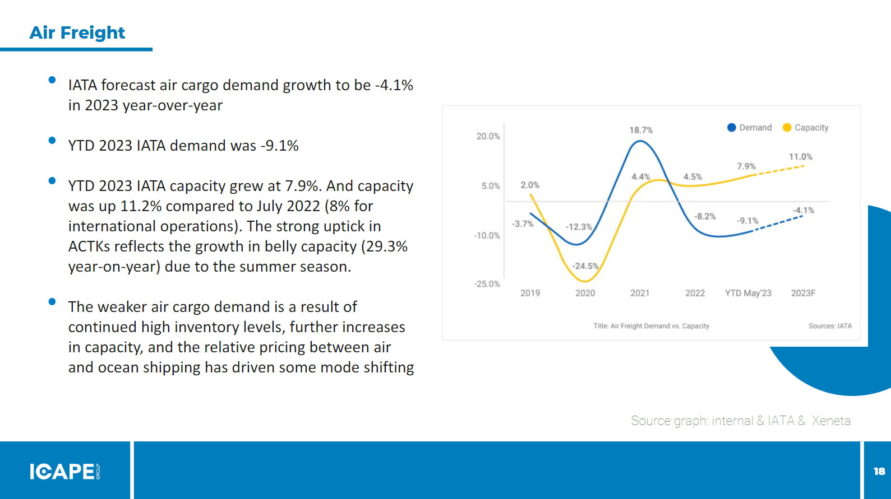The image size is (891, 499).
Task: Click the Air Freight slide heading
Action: pos(77,33)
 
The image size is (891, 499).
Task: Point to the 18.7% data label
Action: pos(641,130)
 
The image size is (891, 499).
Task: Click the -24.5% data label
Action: pos(585,266)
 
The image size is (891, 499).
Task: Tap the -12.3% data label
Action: pos(579,227)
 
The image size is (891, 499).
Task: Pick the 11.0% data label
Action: pos(800,157)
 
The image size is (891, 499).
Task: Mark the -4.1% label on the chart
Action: pos(803,211)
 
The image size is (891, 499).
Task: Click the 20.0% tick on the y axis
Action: pos(488,136)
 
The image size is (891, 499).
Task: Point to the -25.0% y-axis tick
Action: pos(487,284)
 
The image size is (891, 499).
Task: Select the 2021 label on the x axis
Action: pos(640,293)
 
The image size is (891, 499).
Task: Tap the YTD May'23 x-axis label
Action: pos(748,293)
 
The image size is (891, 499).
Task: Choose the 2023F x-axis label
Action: pos(803,293)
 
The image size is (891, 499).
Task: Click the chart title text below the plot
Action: pos(651,326)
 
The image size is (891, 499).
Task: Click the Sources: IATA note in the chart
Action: pos(830,326)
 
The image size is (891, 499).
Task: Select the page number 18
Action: pos(879,472)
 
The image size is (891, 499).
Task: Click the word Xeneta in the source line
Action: pos(831,421)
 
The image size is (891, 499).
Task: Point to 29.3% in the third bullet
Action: pos(386,246)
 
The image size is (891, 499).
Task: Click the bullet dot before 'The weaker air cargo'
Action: pos(52,302)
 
